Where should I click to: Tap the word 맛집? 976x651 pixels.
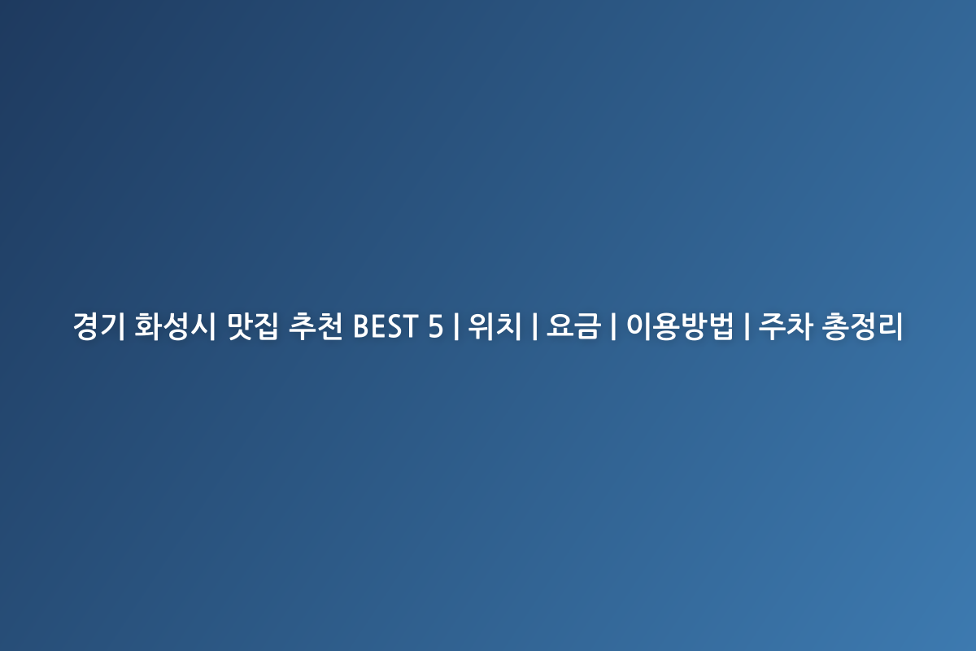pos(253,327)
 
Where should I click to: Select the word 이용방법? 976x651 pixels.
pos(679,327)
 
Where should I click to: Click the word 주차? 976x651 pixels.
pos(784,327)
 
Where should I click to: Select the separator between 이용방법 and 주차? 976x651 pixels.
pos(746,327)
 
